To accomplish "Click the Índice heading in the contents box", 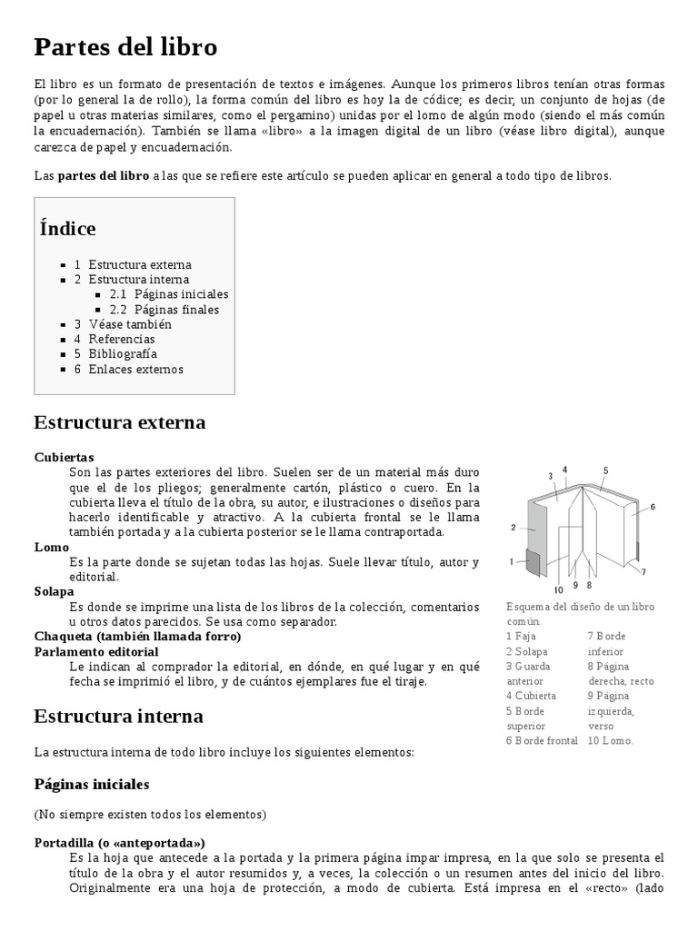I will (x=67, y=228).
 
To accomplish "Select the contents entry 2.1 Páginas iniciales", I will (x=168, y=294).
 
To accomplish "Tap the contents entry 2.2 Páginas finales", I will (x=164, y=310).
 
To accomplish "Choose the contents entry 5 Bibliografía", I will (x=115, y=353).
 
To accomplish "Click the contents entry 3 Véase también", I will (x=123, y=324).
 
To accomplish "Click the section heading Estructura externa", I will (x=119, y=422).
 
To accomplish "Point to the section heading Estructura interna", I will (x=118, y=716).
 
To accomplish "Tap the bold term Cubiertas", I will (x=64, y=457).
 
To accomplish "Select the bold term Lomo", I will (x=51, y=547).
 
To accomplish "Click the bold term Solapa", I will (x=54, y=591).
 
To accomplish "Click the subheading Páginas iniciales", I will (x=91, y=783).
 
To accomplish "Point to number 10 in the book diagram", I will (x=558, y=589).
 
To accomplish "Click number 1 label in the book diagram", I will (x=512, y=560).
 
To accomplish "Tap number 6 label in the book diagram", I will (x=653, y=506).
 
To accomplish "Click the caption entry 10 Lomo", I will (x=610, y=740).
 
